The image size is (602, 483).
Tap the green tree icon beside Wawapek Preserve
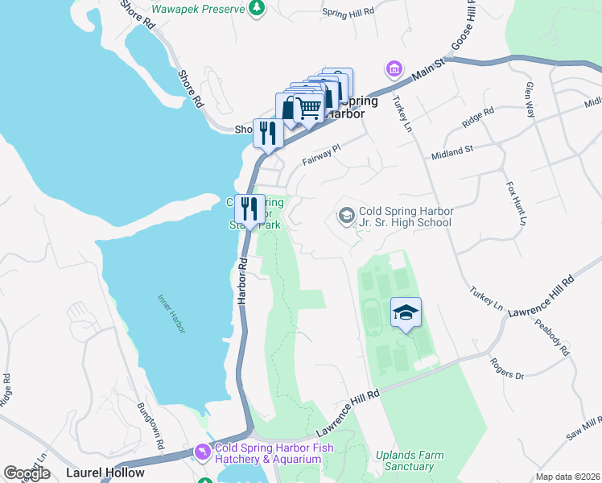coord(256,8)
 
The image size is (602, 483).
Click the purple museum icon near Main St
coord(394,68)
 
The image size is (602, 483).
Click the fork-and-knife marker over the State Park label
coord(250,209)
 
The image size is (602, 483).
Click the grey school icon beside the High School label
coord(346,216)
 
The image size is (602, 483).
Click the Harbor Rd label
coord(240,280)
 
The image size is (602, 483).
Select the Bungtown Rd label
coord(150,424)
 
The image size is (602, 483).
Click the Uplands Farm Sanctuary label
coord(410,460)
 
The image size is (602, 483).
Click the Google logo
coord(27,473)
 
